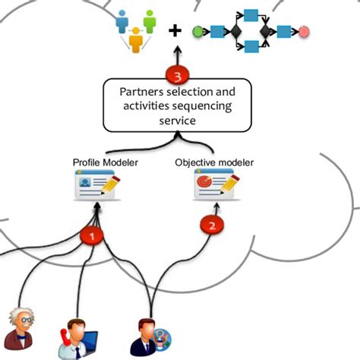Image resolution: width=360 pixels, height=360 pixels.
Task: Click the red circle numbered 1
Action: [93, 236]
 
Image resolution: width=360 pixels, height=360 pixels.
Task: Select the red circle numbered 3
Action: [177, 77]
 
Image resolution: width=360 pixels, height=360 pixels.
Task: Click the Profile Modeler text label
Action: [99, 162]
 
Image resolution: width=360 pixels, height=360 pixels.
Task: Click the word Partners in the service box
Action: [144, 92]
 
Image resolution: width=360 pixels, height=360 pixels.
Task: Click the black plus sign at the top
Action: [176, 31]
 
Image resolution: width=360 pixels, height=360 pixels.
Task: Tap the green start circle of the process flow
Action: [198, 32]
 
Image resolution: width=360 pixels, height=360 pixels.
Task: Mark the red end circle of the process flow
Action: [304, 32]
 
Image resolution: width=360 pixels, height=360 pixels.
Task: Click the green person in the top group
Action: [149, 21]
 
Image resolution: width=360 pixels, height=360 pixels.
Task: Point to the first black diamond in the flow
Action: [235, 32]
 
